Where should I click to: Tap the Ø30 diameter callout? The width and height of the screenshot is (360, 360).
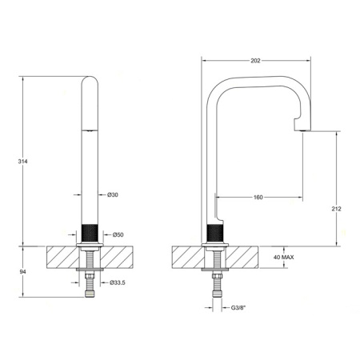[x=112, y=194]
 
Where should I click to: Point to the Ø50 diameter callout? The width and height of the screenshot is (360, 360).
[x=116, y=234]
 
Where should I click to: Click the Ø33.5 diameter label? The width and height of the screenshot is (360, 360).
[x=118, y=282]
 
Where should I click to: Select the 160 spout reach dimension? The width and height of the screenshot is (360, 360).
[x=258, y=197]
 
